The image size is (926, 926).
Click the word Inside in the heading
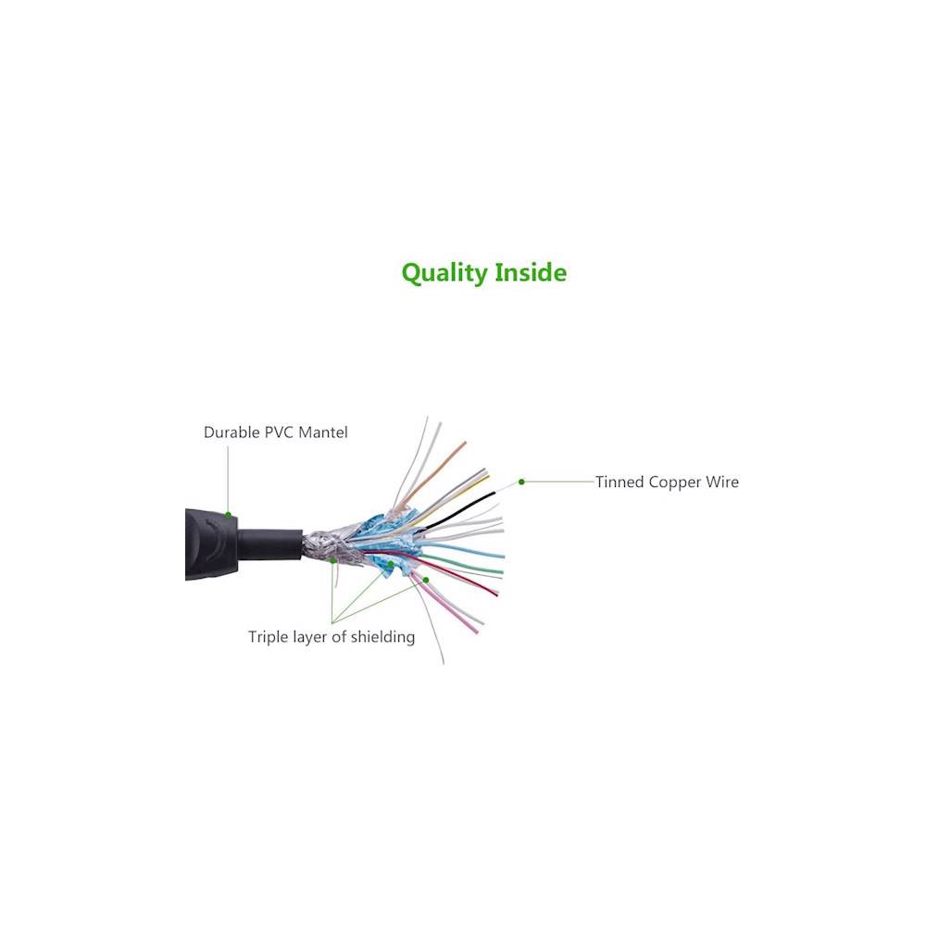[x=531, y=272]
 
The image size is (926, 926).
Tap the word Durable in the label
[x=231, y=432]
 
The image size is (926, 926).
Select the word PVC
[x=278, y=432]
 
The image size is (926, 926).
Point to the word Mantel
[x=323, y=432]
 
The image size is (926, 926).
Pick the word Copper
[x=680, y=482]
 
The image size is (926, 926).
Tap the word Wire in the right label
[x=724, y=482]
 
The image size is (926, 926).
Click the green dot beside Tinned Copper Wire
[x=521, y=482]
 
